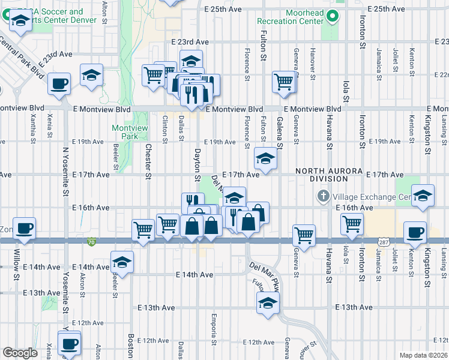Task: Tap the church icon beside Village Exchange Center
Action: [323, 197]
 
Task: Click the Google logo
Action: [20, 353]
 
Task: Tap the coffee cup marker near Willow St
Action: [25, 229]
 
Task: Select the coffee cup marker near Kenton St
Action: [415, 232]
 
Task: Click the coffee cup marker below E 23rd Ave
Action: [59, 84]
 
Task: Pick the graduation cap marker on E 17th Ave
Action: [265, 159]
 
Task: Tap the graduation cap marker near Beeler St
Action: [122, 263]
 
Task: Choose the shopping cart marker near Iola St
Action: [352, 224]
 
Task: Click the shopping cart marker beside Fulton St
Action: [284, 82]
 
